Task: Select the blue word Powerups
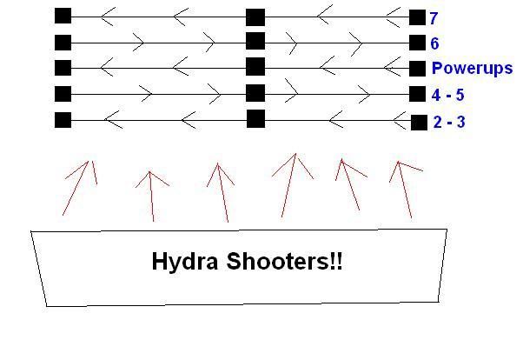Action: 472,69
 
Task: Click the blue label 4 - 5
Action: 448,96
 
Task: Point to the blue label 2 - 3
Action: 448,123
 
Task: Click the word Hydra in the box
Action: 189,261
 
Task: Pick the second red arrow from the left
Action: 152,195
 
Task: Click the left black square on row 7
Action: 63,16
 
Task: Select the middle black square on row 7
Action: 255,17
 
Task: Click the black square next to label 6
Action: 418,42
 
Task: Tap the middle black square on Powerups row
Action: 255,67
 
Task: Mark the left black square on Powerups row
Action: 63,67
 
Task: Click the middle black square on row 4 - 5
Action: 255,93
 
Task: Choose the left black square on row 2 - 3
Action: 63,120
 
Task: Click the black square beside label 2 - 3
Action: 418,122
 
